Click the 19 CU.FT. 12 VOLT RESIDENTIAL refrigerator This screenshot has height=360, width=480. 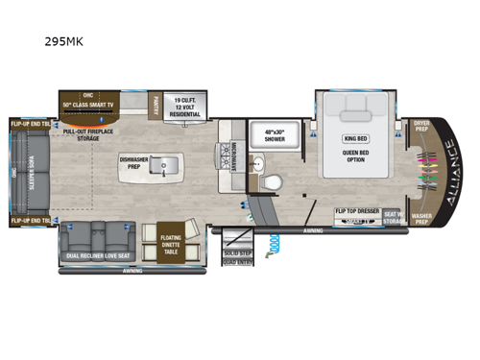click(186, 105)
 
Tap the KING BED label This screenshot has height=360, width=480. click(355, 138)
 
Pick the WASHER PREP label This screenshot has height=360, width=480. click(421, 217)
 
